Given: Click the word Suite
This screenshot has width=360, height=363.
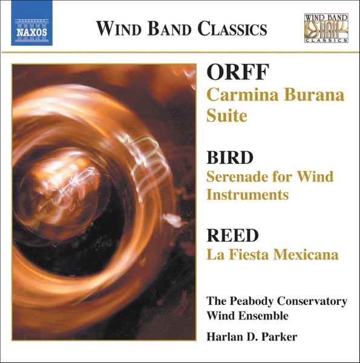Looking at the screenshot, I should click(x=227, y=115).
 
